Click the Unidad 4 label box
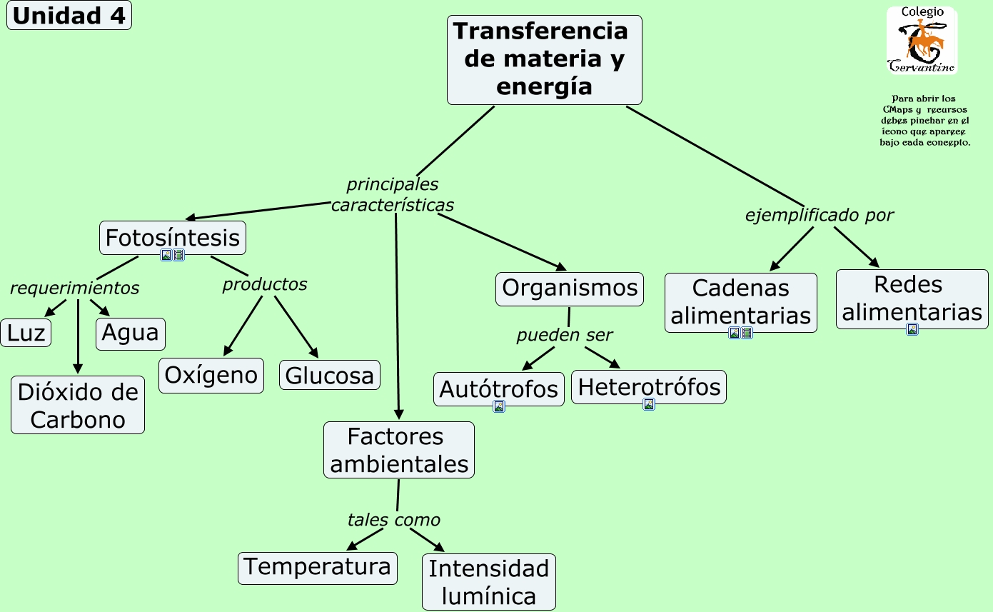[69, 16]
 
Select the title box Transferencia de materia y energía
[544, 60]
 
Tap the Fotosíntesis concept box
[172, 237]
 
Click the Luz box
[26, 333]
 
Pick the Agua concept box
[130, 333]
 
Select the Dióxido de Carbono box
[78, 406]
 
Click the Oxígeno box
[211, 375]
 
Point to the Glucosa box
[329, 375]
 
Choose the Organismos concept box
[569, 289]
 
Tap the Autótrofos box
[498, 388]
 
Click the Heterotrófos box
[648, 386]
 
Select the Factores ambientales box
[398, 450]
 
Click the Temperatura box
[317, 567]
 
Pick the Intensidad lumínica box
[488, 582]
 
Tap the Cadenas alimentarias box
[740, 301]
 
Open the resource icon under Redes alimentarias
[912, 329]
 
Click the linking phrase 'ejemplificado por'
[819, 215]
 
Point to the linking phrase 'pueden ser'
[564, 335]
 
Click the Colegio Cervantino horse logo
[922, 41]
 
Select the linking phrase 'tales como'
[393, 520]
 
